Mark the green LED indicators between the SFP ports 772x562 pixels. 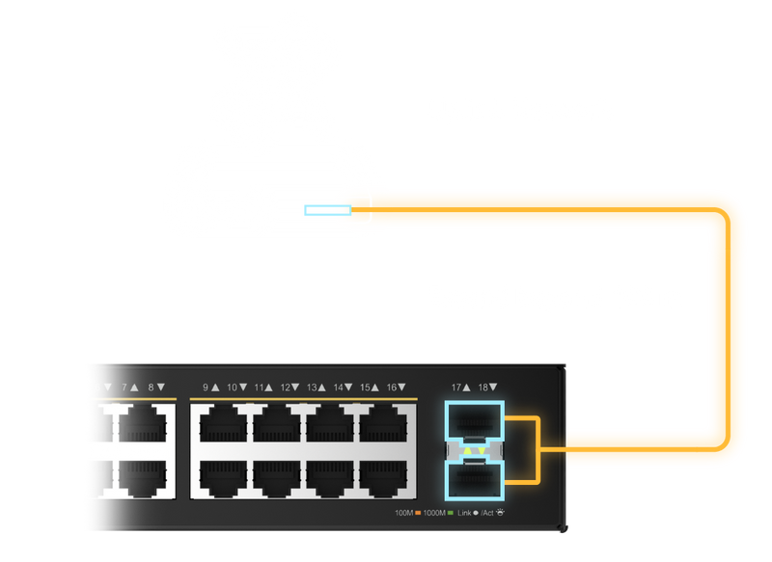point(474,450)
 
